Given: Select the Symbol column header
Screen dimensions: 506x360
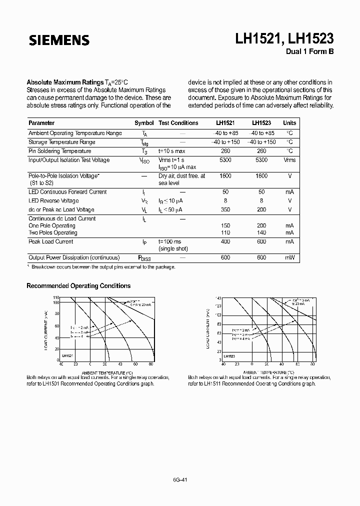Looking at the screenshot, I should tap(144, 123).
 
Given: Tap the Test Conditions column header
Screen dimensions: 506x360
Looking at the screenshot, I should tap(178, 123).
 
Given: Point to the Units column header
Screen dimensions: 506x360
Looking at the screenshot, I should tap(289, 123).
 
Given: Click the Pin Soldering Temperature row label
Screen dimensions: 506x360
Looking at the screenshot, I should tap(60, 151).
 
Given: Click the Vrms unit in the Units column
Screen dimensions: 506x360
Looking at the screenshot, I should tap(289, 160).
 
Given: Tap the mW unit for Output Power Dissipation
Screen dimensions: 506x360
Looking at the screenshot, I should tap(289, 258).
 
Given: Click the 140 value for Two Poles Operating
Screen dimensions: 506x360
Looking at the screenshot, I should tap(261, 233).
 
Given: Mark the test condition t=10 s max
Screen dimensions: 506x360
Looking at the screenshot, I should tap(172, 151).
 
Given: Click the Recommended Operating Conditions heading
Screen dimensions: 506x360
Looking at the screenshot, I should tap(78, 286).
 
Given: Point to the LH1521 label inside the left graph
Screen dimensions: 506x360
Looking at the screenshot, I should tap(68, 355).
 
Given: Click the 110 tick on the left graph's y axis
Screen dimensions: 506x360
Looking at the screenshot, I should tap(56, 297).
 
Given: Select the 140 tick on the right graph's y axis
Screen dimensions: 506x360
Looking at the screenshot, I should tap(218, 298).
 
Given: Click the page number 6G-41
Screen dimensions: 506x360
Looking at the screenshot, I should tap(180, 479).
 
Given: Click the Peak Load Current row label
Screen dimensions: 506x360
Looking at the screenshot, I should tap(51, 242).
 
